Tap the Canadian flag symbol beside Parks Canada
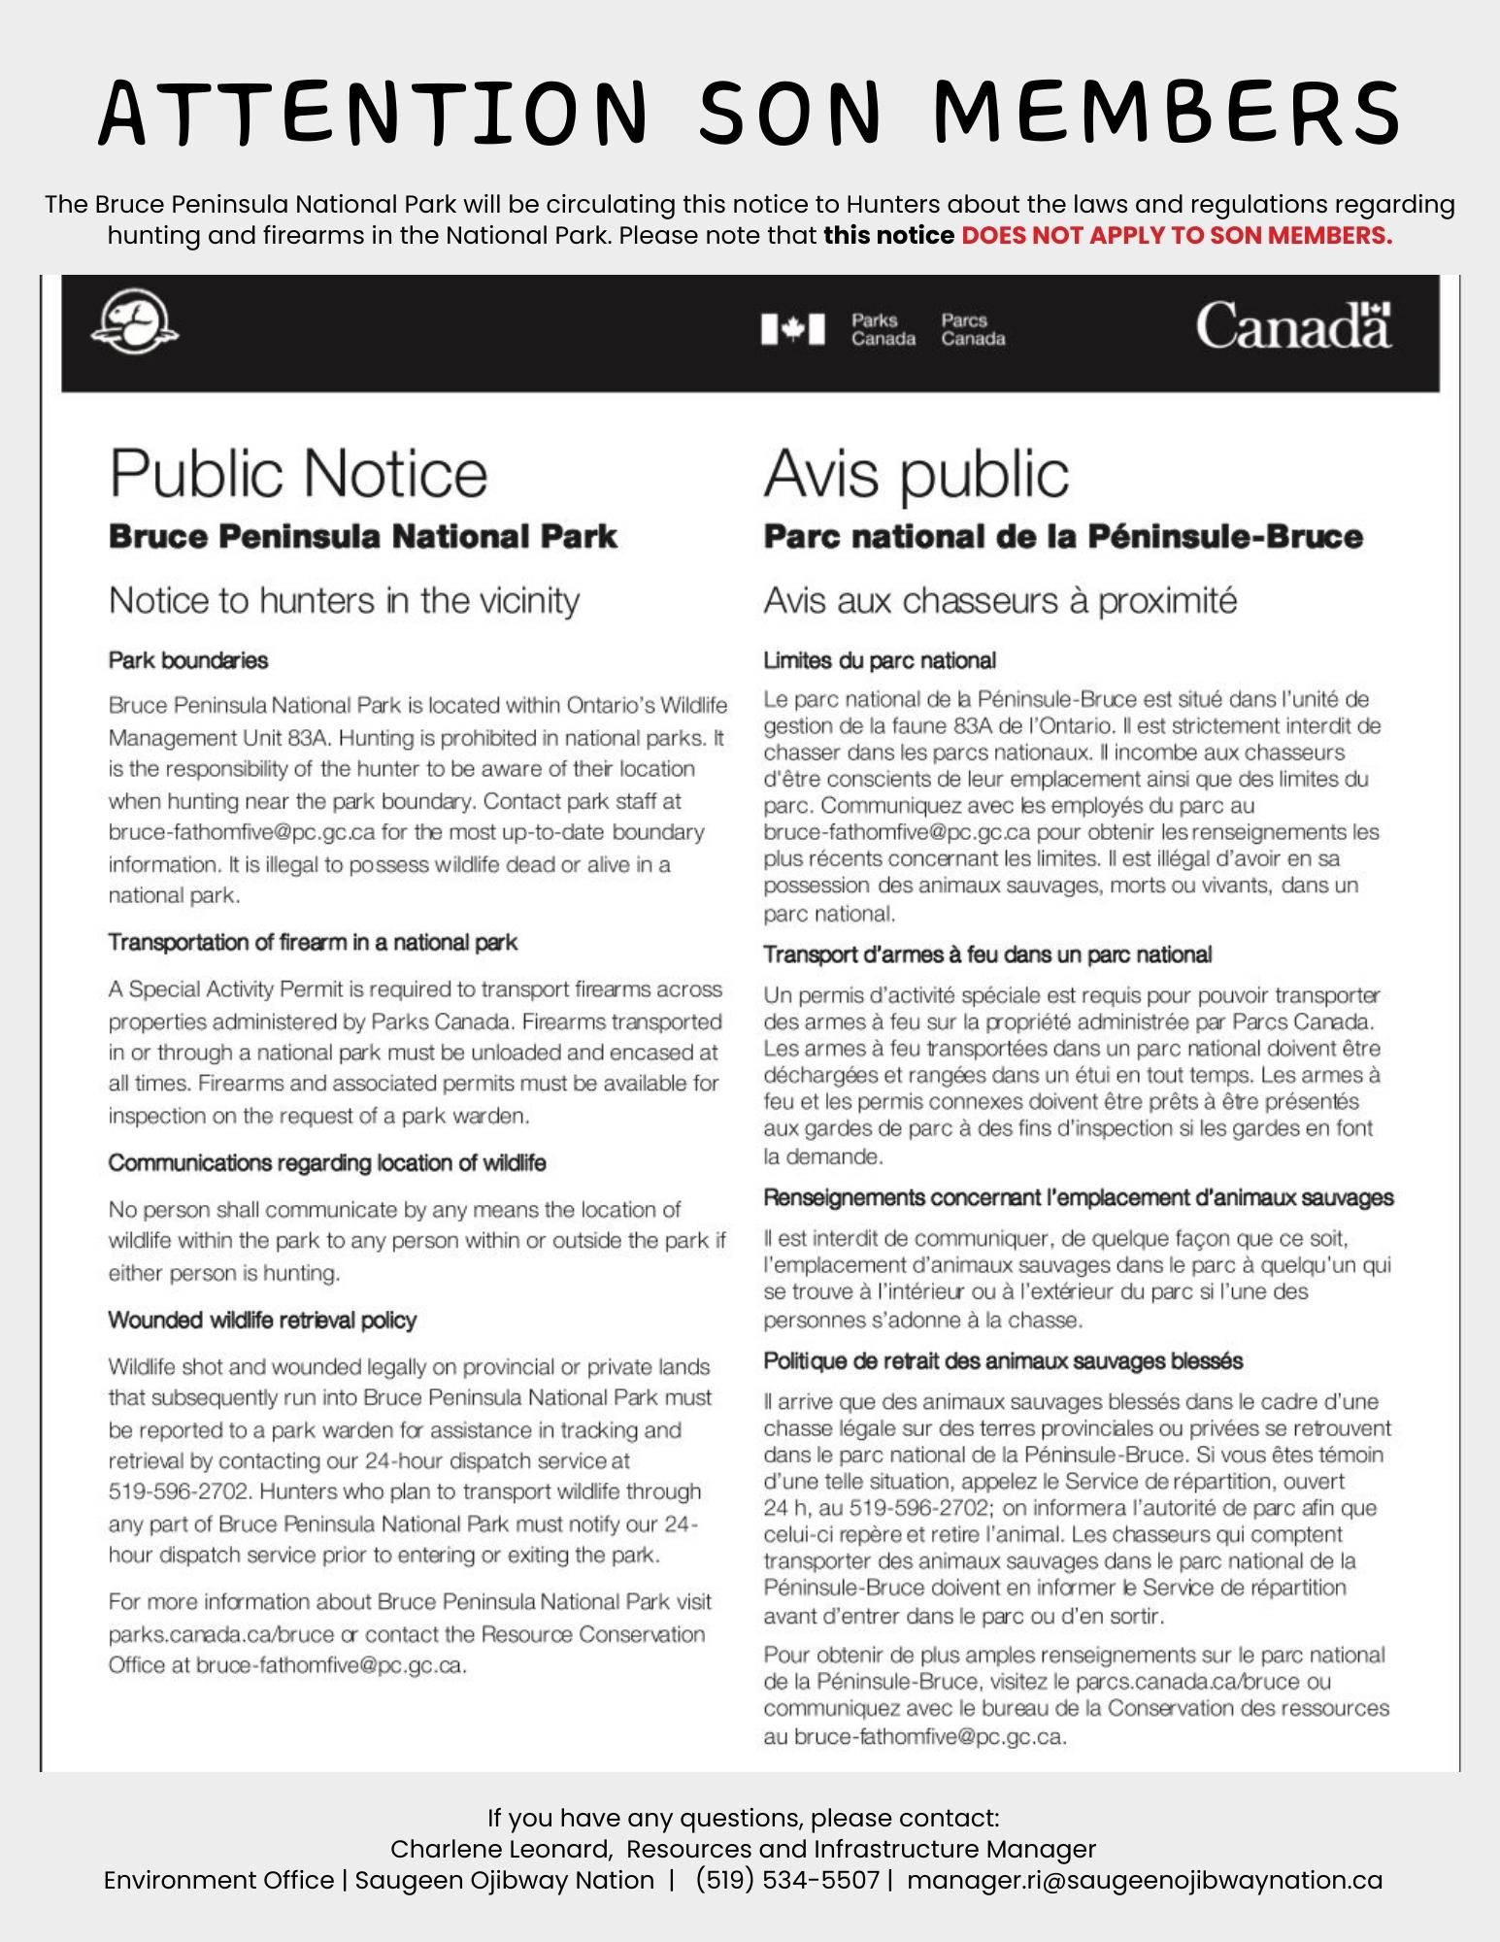pyautogui.click(x=793, y=329)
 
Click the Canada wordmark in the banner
pyautogui.click(x=1292, y=325)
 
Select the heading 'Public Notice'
pyautogui.click(x=298, y=474)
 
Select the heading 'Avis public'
pyautogui.click(x=916, y=474)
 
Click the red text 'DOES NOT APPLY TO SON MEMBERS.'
pyautogui.click(x=1176, y=236)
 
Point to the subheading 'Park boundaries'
pyautogui.click(x=188, y=660)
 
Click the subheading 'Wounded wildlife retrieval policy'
pyautogui.click(x=262, y=1320)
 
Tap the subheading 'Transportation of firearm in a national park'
pyautogui.click(x=313, y=942)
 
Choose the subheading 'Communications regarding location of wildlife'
pyautogui.click(x=327, y=1162)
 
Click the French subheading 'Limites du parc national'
pyautogui.click(x=880, y=660)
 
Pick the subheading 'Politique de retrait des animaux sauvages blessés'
pyautogui.click(x=1003, y=1360)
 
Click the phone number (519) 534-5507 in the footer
pyautogui.click(x=787, y=1880)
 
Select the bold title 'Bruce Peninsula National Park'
pyautogui.click(x=362, y=536)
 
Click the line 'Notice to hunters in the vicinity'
pyautogui.click(x=344, y=600)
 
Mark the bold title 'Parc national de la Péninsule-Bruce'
pyautogui.click(x=1063, y=536)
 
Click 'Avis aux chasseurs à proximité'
pyautogui.click(x=1000, y=600)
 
